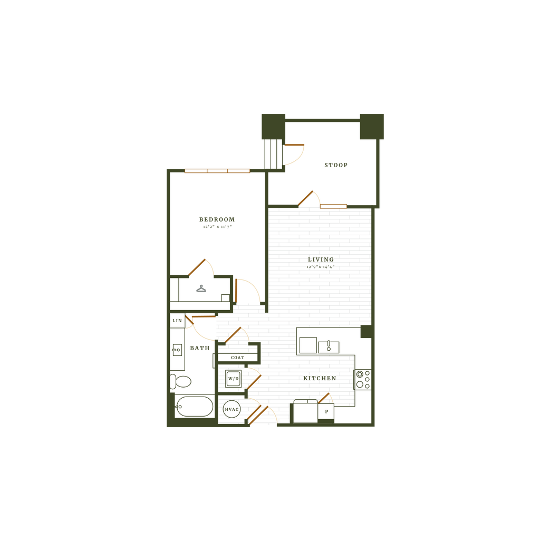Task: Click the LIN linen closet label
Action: pyautogui.click(x=177, y=321)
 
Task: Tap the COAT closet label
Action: pyautogui.click(x=237, y=358)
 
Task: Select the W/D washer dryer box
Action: pyautogui.click(x=233, y=379)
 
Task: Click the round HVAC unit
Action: pyautogui.click(x=232, y=409)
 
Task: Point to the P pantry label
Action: pyautogui.click(x=326, y=411)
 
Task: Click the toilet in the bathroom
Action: pyautogui.click(x=181, y=381)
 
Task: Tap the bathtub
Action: pyautogui.click(x=194, y=407)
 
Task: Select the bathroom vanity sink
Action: pyautogui.click(x=177, y=349)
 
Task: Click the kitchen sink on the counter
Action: pyautogui.click(x=329, y=346)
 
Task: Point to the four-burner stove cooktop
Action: pyautogui.click(x=363, y=380)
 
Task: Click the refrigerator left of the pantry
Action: pyautogui.click(x=305, y=412)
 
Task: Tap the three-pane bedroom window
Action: pyautogui.click(x=217, y=171)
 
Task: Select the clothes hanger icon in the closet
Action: pyautogui.click(x=201, y=288)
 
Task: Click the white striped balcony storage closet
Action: pyautogui.click(x=274, y=153)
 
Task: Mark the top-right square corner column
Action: pyautogui.click(x=372, y=126)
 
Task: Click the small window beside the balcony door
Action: pyautogui.click(x=334, y=206)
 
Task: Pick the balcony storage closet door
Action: pyautogui.click(x=295, y=144)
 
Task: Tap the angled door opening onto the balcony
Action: pyautogui.click(x=306, y=198)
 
